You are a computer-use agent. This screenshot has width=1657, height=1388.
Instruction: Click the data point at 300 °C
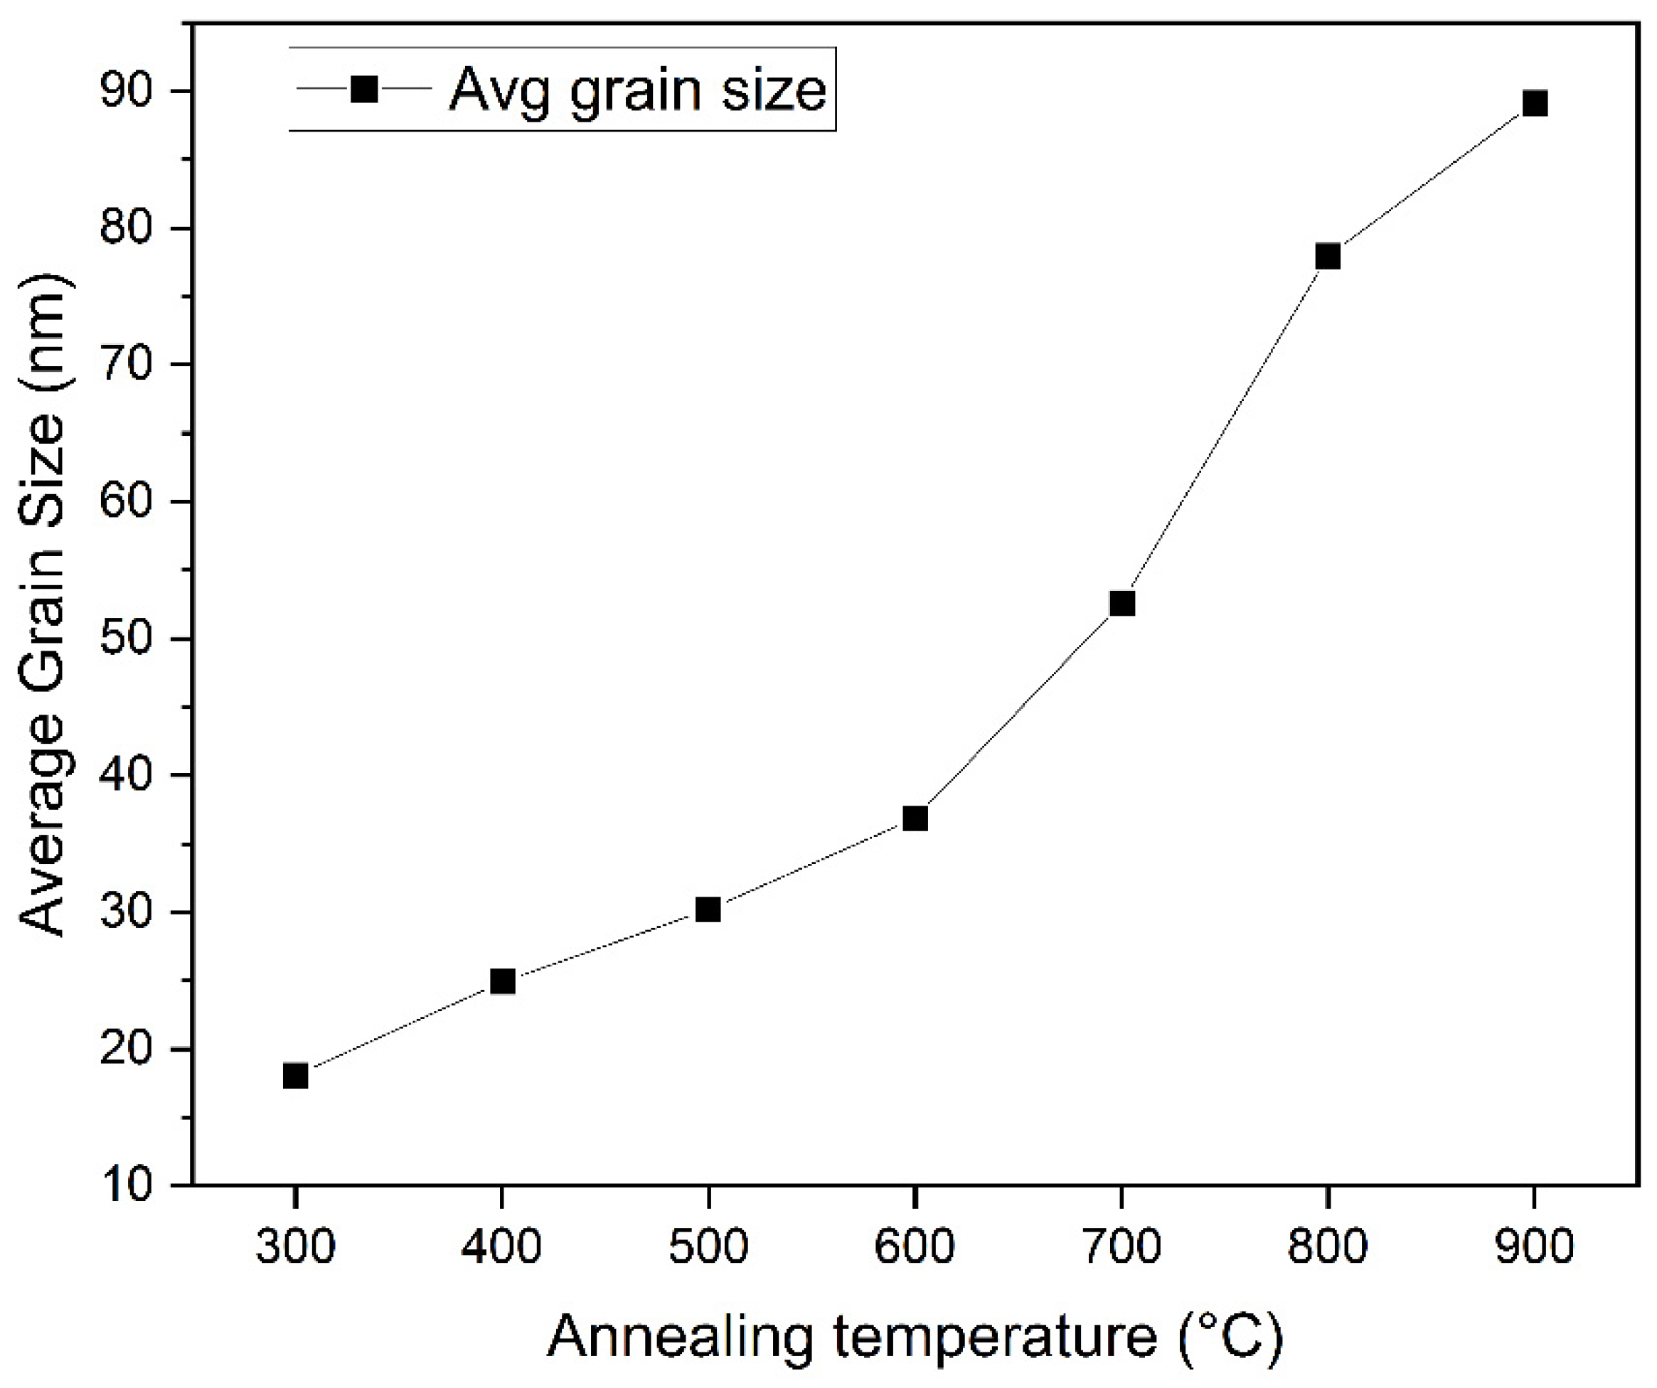coord(295,1076)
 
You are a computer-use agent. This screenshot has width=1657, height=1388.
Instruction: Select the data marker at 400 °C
coord(503,981)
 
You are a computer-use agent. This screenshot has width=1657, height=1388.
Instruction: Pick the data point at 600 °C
coord(915,818)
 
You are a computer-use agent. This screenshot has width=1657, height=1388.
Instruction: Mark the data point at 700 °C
coord(1122,603)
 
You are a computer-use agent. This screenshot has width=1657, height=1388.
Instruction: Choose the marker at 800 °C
coord(1328,257)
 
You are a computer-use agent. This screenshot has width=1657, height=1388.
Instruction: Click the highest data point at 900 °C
coord(1535,103)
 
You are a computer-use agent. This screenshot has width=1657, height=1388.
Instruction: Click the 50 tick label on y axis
coord(127,639)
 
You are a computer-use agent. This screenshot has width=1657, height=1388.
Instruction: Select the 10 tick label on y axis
coord(127,1186)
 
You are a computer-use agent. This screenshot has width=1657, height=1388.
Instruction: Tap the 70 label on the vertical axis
coord(127,365)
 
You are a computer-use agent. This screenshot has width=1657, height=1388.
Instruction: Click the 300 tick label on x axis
coord(295,1247)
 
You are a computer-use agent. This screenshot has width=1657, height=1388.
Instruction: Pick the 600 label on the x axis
coord(915,1247)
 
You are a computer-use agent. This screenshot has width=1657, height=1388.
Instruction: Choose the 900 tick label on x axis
coord(1534,1247)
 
